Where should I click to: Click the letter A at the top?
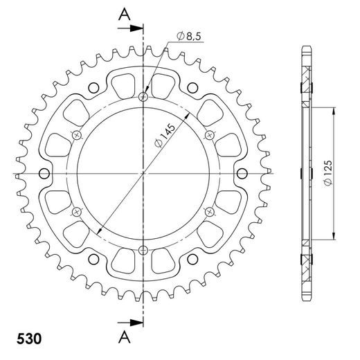(x=123, y=12)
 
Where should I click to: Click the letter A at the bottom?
(x=123, y=336)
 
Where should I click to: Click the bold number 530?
(x=27, y=340)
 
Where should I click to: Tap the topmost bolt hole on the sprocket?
(x=143, y=96)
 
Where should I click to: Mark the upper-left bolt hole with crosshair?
(x=77, y=134)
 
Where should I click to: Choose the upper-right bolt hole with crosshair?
(x=210, y=134)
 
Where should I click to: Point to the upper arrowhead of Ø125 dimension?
(x=336, y=111)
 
